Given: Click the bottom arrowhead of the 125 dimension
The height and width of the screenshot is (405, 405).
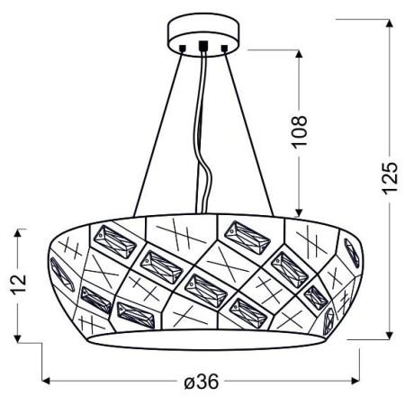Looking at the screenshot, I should [x=389, y=335].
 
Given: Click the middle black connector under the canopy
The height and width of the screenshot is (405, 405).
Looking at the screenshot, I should [x=203, y=44].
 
